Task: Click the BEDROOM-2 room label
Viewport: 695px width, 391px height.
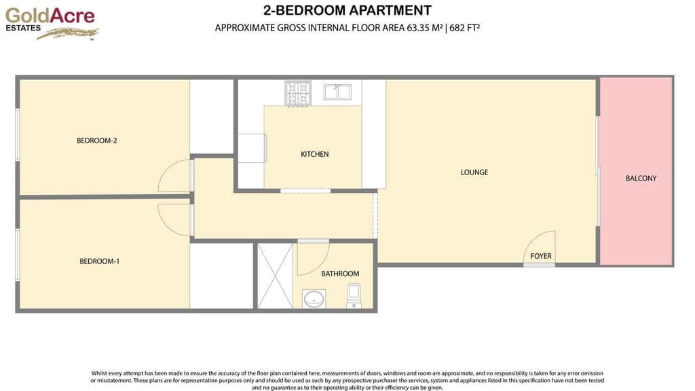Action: [97, 141]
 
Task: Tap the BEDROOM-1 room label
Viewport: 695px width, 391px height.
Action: [99, 261]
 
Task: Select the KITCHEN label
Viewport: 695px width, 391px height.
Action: [314, 154]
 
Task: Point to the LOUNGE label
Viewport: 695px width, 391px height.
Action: [474, 172]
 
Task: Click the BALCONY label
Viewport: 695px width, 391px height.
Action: [641, 179]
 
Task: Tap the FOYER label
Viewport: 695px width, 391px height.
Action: [541, 256]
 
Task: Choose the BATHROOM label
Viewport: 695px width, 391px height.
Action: [340, 274]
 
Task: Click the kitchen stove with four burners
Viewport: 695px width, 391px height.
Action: [297, 92]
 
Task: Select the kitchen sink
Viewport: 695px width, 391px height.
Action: [337, 92]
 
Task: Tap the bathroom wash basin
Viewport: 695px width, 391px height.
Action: [314, 298]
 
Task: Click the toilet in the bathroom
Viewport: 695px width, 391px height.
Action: [354, 295]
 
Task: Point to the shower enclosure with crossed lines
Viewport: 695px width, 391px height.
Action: [274, 276]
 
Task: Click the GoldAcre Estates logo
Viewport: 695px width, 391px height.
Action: [52, 22]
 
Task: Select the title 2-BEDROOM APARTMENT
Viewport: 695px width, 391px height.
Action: [347, 10]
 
